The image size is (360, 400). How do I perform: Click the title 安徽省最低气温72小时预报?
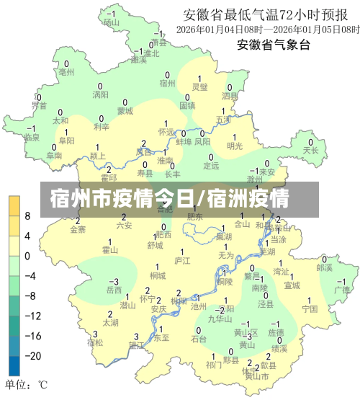pos(271,14)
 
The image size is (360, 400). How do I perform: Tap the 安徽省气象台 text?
pos(273,45)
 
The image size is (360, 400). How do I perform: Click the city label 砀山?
pos(110,22)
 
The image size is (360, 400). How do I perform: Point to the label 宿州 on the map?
pos(167,84)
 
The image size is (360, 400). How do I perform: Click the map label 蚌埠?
pos(184,142)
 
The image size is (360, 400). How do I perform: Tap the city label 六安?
pos(124,226)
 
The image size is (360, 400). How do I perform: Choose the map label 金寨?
pos(77,230)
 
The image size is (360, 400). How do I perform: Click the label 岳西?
pos(114,290)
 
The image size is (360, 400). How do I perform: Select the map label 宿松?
pos(95,342)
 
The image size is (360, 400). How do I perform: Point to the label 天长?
pos(310,151)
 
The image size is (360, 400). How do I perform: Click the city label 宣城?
pos(291,285)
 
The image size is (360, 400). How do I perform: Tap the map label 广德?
pos(342,290)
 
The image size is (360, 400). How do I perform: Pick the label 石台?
pos(199,339)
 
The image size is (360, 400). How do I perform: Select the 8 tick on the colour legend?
pos(27,215)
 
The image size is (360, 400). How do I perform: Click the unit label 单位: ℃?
pos(26,384)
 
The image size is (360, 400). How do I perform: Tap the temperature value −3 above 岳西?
pos(113,281)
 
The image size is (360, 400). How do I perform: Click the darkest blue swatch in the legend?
pos(14,366)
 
